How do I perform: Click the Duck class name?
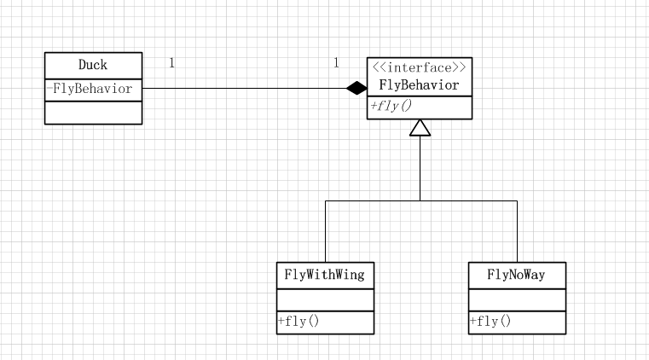tap(93, 65)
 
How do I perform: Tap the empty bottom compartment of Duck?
tap(93, 112)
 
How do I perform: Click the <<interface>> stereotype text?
tap(420, 67)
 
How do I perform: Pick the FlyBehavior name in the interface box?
tap(420, 85)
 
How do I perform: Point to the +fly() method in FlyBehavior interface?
tap(391, 107)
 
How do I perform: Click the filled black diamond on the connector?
tap(356, 87)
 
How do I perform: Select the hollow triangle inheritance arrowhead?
tap(420, 128)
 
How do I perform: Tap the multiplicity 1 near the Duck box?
tap(171, 63)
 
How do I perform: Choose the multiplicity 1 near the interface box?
tap(336, 63)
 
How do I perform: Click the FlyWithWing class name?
tap(325, 275)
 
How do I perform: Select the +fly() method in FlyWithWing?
tap(298, 322)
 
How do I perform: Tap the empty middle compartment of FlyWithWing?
tap(325, 299)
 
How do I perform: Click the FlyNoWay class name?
tap(516, 275)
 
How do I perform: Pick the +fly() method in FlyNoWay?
tap(490, 322)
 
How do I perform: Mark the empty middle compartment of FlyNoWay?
tap(516, 299)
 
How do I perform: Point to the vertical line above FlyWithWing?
tap(326, 230)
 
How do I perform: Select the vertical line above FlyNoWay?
tap(517, 230)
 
